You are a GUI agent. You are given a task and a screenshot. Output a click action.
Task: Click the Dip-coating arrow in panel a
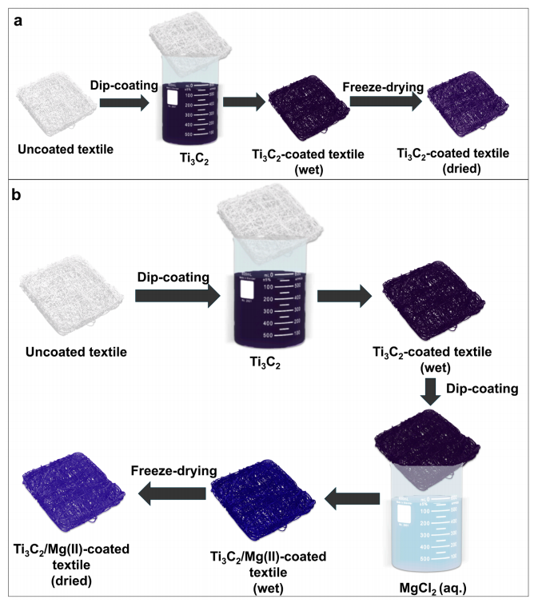pos(123,102)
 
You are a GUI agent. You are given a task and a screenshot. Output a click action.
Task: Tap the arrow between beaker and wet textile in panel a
pos(244,102)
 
